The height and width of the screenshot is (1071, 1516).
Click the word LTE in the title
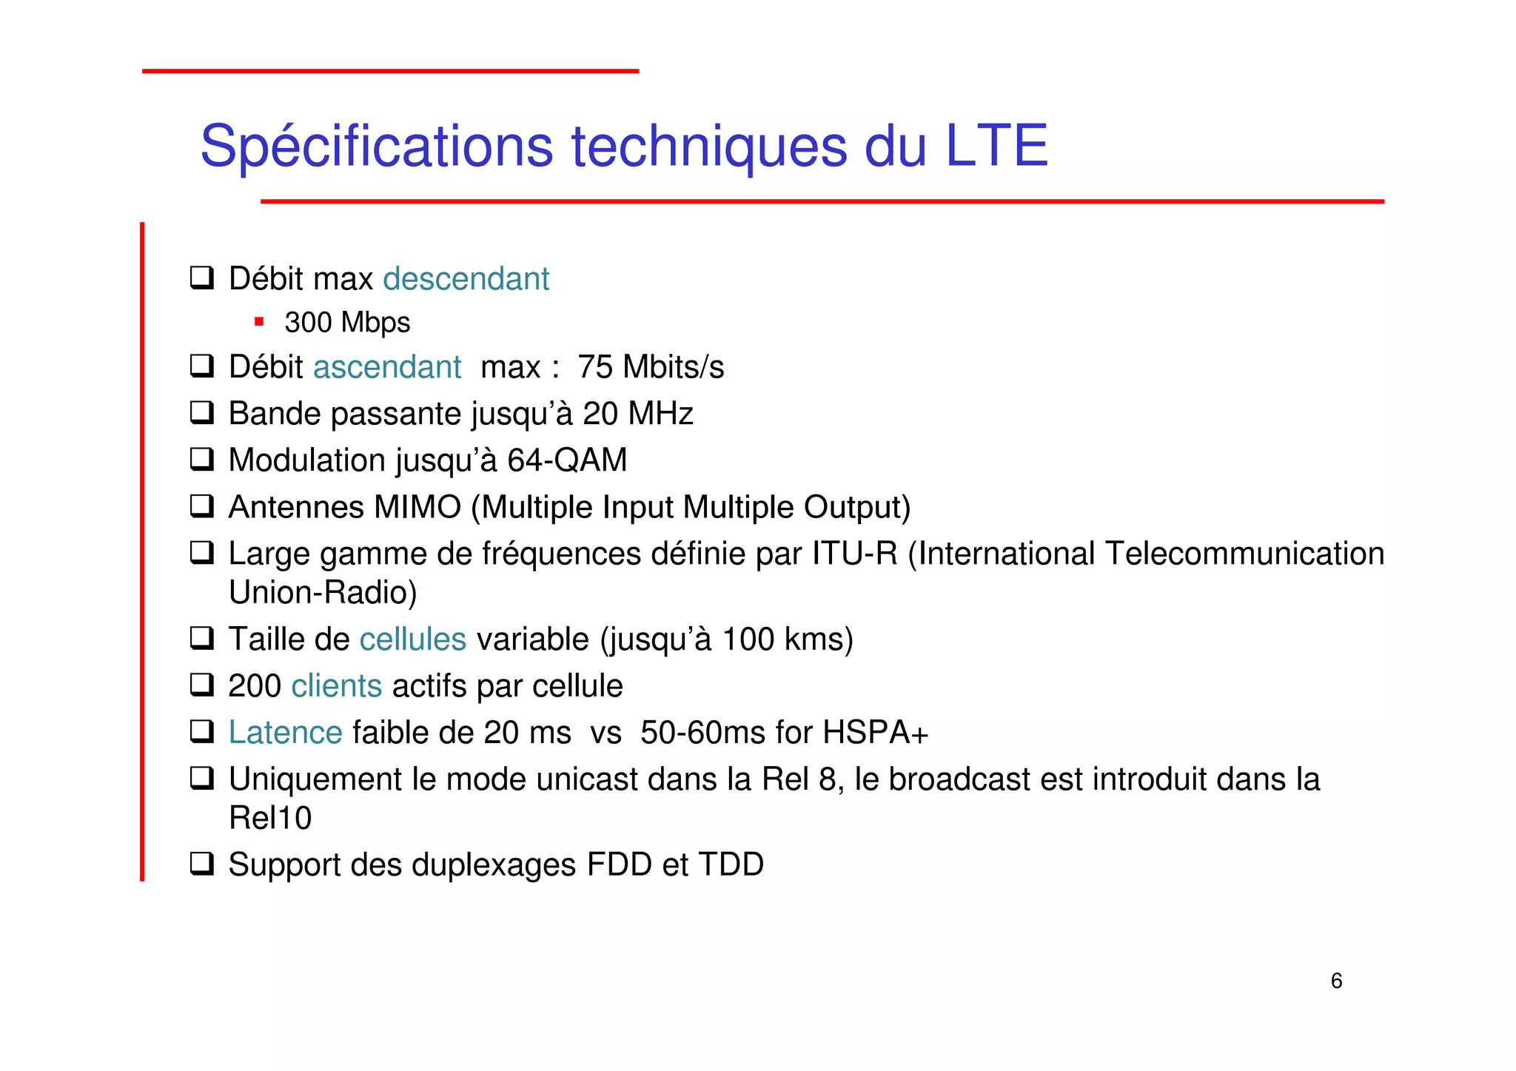coord(996,146)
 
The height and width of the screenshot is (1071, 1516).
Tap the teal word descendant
coord(466,279)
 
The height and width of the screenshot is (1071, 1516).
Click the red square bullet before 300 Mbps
coord(259,321)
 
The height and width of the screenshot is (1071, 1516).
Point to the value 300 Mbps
coord(347,323)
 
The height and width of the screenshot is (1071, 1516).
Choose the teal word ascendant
coord(387,367)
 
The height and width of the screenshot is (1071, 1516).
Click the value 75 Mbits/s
coord(651,367)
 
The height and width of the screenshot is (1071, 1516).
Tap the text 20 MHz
coord(637,414)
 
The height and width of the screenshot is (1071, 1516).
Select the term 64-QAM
coord(567,460)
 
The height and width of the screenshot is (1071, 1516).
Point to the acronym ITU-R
coord(854,554)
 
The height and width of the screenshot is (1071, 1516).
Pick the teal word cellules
coord(412,639)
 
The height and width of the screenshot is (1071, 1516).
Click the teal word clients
coord(336,686)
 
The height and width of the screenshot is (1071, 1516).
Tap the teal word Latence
coord(285,733)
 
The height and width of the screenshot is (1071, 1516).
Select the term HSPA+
coord(875,733)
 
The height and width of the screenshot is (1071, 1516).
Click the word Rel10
coord(270,818)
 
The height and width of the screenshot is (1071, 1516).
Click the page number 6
coord(1336,981)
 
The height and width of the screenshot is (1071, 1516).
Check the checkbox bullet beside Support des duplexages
coord(201,864)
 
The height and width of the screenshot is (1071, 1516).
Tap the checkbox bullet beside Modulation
coord(201,460)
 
